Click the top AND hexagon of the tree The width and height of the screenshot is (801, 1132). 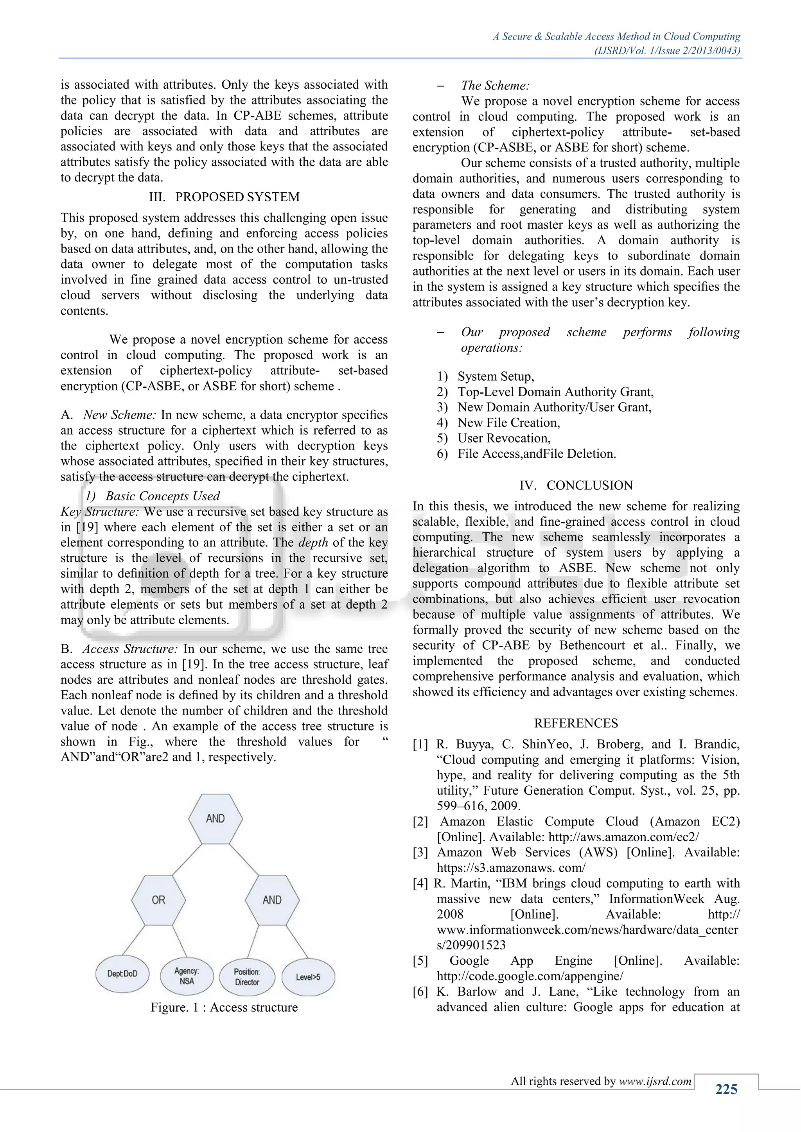(215, 819)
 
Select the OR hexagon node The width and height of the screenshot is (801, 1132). (158, 900)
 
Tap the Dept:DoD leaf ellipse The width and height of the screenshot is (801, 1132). (122, 974)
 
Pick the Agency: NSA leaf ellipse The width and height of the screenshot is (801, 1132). (187, 976)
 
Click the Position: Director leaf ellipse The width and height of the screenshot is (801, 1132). (247, 977)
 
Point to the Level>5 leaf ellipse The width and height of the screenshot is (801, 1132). (308, 977)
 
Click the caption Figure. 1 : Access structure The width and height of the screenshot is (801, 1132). (224, 1007)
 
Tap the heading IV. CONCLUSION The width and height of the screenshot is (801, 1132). (576, 485)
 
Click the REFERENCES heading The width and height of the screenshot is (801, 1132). (576, 723)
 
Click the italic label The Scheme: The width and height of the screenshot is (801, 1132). (495, 85)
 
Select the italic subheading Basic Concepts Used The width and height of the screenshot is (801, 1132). (162, 496)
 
